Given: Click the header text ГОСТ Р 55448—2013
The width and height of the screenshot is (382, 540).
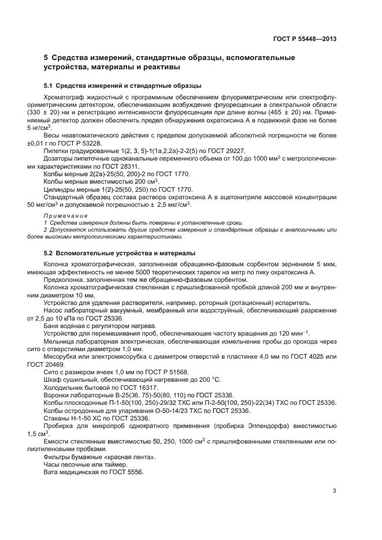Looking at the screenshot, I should pyautogui.click(x=305, y=39).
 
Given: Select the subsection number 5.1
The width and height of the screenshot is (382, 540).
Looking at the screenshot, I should pyautogui.click(x=50, y=85).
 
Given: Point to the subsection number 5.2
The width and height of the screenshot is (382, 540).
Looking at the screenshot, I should pyautogui.click(x=50, y=253).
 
